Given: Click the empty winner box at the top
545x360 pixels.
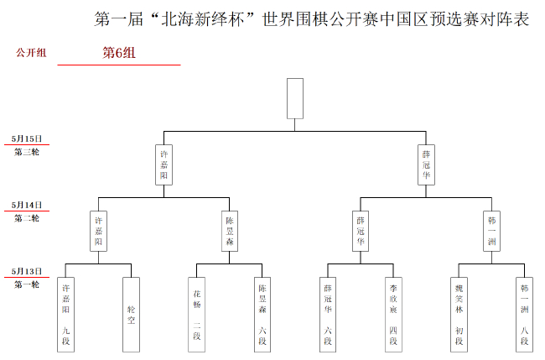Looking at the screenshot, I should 294,99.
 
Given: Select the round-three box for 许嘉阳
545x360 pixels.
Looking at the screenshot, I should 164,164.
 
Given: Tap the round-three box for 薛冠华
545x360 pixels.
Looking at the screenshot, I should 426,164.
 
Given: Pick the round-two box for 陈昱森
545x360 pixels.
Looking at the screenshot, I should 230,231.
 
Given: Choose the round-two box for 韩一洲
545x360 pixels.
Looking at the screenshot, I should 491,231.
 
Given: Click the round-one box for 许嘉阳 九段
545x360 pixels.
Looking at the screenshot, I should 65,314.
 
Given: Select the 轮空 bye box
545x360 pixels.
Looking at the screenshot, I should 131,314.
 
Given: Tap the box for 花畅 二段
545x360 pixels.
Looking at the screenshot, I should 197,314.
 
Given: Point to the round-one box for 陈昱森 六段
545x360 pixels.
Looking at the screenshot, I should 262,314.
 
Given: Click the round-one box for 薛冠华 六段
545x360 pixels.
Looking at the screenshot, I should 328,314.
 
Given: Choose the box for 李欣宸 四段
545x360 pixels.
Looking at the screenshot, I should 393,314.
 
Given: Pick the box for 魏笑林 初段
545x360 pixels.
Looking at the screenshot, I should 459,314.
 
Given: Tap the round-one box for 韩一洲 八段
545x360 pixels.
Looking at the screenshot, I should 524,314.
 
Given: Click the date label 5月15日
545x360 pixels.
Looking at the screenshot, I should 27,138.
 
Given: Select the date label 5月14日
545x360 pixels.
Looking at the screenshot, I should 27,205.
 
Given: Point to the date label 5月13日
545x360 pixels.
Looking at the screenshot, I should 27,271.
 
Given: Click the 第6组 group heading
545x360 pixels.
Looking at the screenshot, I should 119,53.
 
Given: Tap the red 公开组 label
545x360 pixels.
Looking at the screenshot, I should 31,53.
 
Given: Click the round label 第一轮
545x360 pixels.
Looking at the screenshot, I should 27,284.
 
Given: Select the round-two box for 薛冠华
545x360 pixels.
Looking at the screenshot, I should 361,231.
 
